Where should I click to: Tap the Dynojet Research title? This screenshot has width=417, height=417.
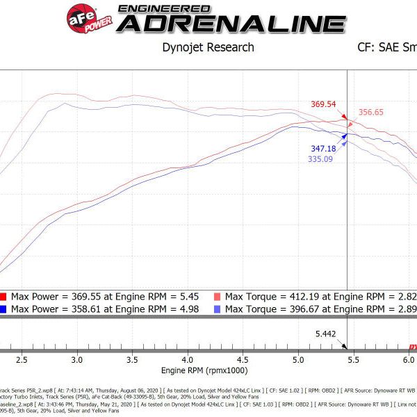tap(208, 48)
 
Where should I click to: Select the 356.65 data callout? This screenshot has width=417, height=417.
tap(373, 112)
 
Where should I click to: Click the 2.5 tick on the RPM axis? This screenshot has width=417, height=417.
tap(22, 360)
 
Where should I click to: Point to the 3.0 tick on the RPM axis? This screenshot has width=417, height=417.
tap(76, 360)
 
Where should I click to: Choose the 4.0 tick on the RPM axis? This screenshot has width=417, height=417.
tap(188, 360)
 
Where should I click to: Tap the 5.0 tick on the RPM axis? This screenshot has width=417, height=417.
tap(298, 360)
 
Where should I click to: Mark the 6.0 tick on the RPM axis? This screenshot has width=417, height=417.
tap(409, 360)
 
